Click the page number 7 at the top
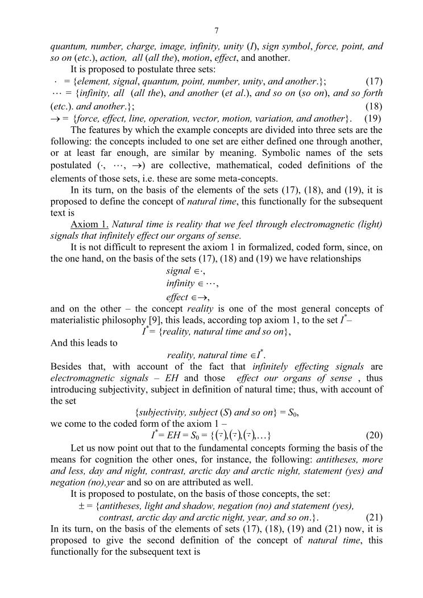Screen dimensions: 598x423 click(216, 30)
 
